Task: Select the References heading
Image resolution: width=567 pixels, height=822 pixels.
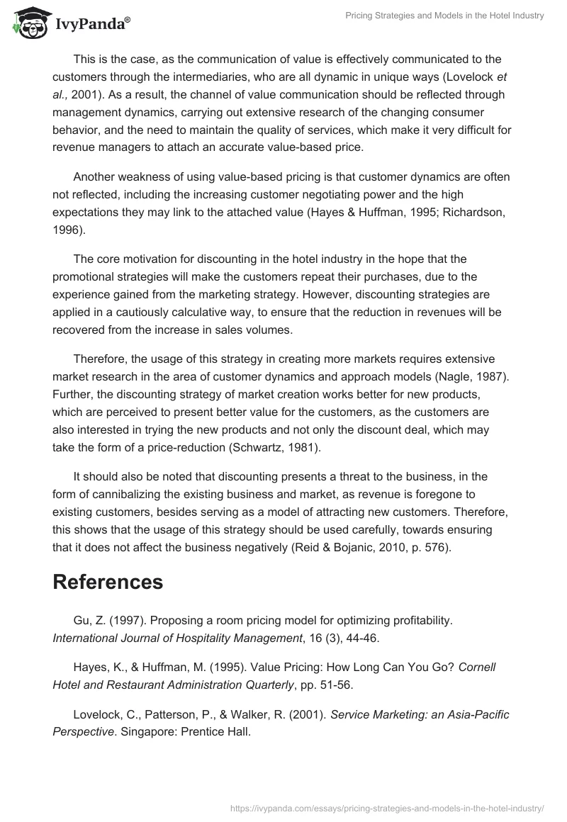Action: coord(108,581)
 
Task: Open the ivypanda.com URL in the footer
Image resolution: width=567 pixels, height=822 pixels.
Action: coord(388,807)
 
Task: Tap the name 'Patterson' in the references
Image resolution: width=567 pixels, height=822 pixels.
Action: coord(169,714)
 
